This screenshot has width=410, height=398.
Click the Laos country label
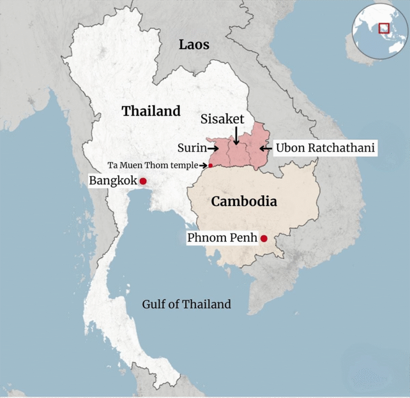194,44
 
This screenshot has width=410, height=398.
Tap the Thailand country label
151,111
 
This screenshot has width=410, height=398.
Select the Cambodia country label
244,201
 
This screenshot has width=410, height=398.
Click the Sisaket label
223,119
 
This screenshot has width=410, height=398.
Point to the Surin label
191,148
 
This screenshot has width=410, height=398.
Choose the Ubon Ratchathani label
326,148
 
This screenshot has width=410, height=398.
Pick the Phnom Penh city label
222,238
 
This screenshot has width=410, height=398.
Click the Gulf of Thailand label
186,305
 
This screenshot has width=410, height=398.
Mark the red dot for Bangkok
143,181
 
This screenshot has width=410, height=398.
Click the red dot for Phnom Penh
263,238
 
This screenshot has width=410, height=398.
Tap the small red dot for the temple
210,165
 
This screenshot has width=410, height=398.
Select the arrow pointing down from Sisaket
235,136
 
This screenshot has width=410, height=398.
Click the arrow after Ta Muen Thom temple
203,165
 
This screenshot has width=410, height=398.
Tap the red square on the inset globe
383,28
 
